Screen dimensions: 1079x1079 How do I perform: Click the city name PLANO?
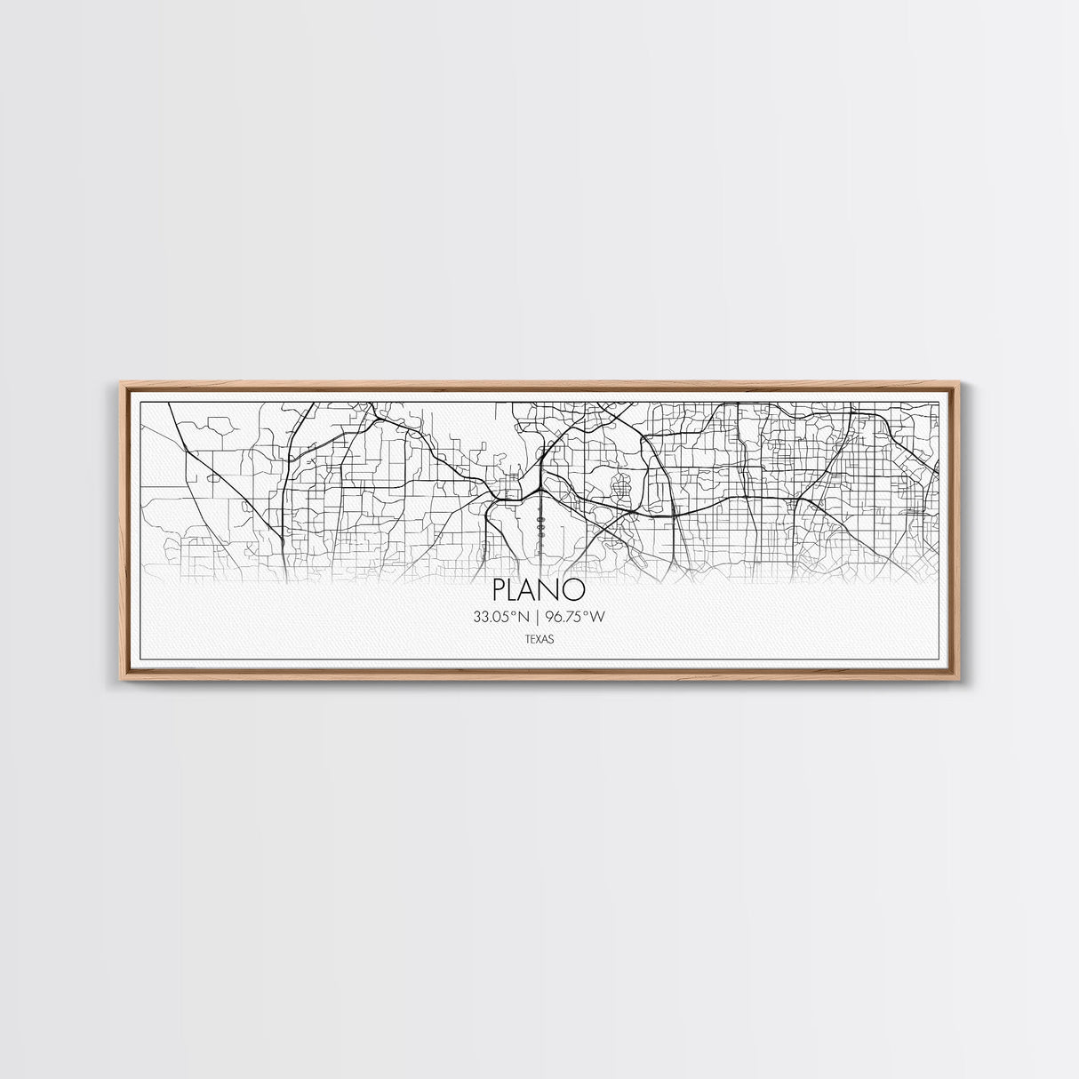(x=539, y=590)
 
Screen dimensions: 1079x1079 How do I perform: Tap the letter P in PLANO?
(x=500, y=590)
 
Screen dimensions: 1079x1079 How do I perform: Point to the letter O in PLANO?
(x=575, y=590)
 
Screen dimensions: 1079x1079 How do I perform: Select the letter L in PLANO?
(x=516, y=590)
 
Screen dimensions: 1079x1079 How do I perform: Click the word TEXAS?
(x=539, y=638)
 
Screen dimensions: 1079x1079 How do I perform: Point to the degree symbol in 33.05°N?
(x=516, y=612)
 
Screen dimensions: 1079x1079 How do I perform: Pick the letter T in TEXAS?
(x=528, y=638)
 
